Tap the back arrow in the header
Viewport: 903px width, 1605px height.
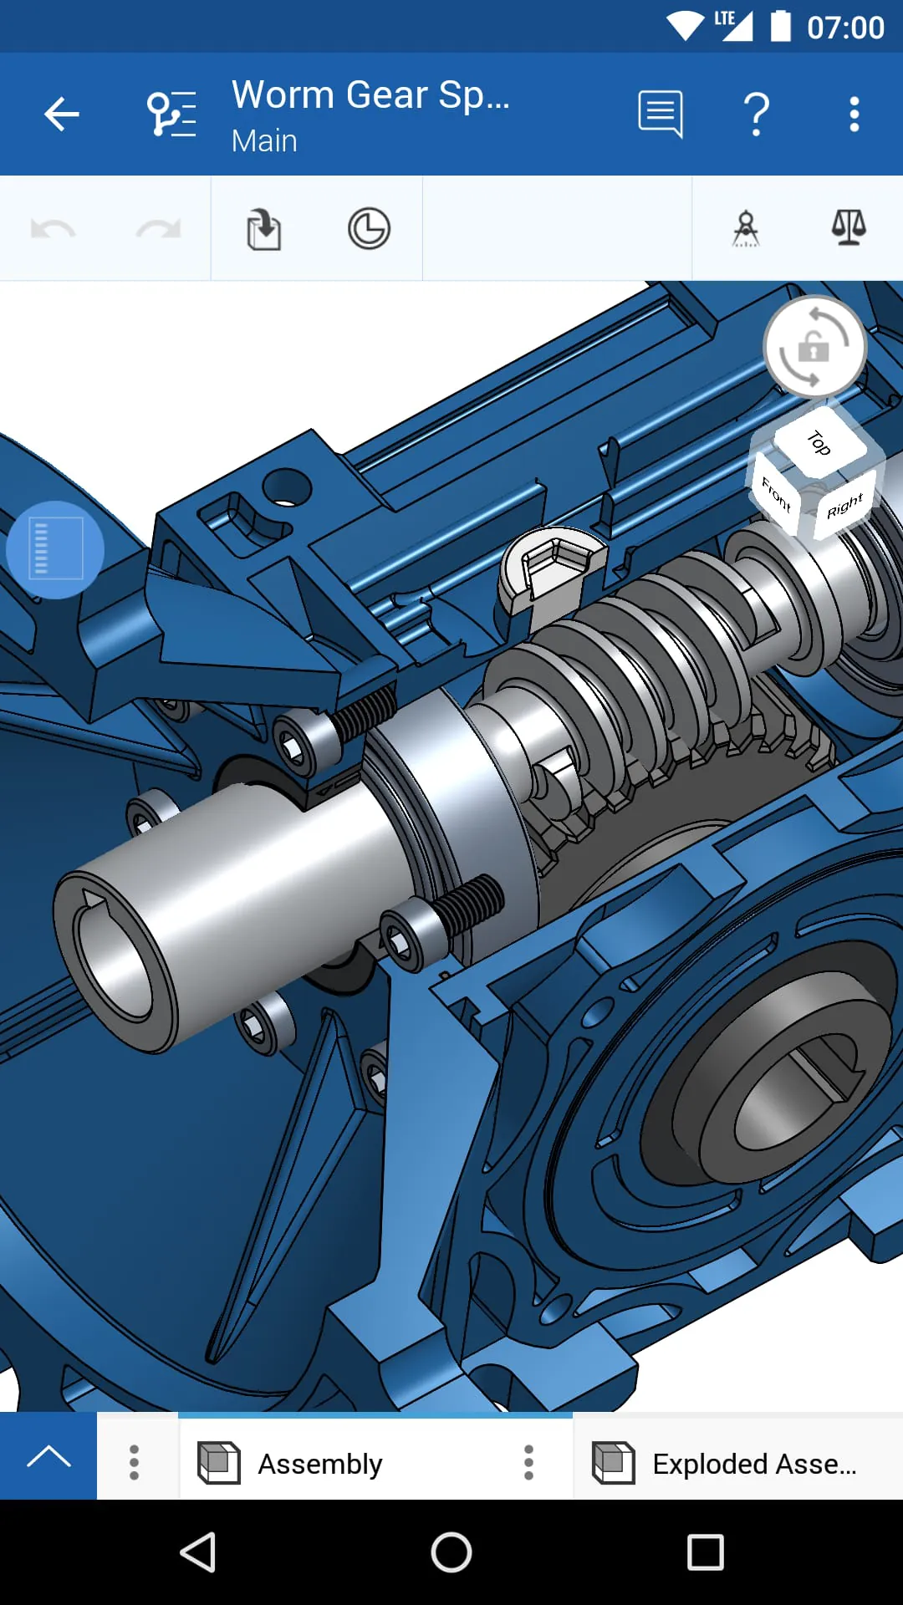pyautogui.click(x=62, y=114)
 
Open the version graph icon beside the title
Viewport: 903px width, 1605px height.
pyautogui.click(x=171, y=114)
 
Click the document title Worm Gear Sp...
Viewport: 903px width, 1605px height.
pyautogui.click(x=370, y=95)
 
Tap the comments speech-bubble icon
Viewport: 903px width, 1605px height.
pyautogui.click(x=661, y=114)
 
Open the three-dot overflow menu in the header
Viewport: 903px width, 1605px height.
pyautogui.click(x=854, y=114)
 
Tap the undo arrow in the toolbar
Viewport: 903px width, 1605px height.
pyautogui.click(x=54, y=229)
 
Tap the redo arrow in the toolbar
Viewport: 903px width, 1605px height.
pyautogui.click(x=158, y=229)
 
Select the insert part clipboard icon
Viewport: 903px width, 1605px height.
pyautogui.click(x=264, y=229)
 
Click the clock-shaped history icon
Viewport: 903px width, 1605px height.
pyautogui.click(x=369, y=229)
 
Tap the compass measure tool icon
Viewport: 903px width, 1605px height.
pyautogui.click(x=746, y=228)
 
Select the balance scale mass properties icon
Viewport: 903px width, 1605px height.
pyautogui.click(x=849, y=227)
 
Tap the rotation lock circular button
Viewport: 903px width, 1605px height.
pyautogui.click(x=814, y=346)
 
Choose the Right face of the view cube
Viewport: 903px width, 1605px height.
pyautogui.click(x=844, y=506)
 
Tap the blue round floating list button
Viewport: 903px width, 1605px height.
pyautogui.click(x=55, y=550)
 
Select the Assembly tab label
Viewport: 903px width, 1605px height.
pyautogui.click(x=319, y=1464)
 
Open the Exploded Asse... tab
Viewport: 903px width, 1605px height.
pyautogui.click(x=753, y=1464)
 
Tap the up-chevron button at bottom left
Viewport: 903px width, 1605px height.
pyautogui.click(x=48, y=1456)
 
